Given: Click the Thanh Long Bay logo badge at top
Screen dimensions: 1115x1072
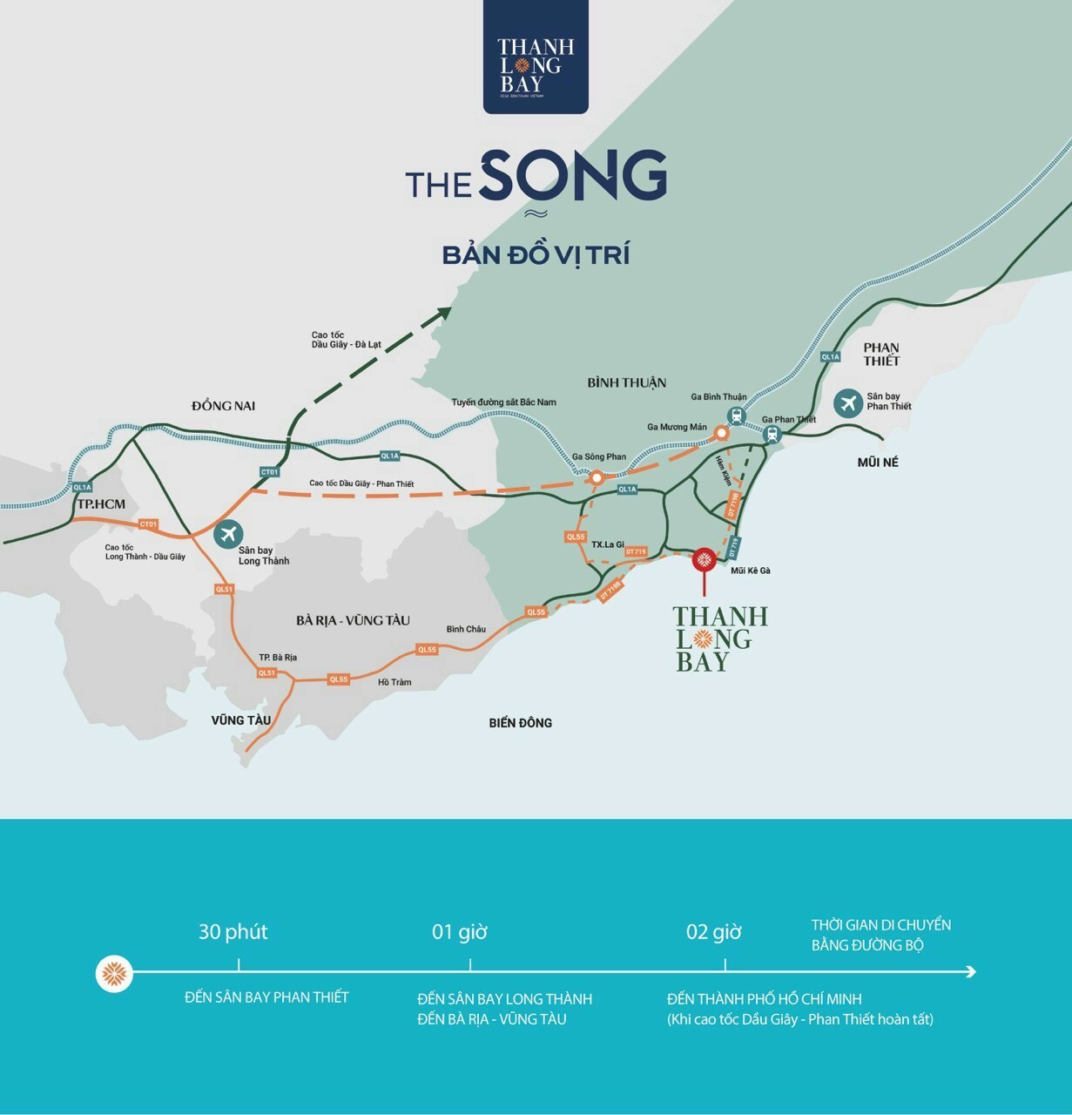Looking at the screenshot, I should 536,57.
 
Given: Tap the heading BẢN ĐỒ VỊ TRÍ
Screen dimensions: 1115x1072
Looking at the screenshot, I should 536,255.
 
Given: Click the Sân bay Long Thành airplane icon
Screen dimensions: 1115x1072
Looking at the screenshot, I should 229,533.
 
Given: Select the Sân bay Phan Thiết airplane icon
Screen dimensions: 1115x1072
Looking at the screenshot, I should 847,402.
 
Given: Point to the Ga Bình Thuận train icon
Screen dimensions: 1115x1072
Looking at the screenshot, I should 737,416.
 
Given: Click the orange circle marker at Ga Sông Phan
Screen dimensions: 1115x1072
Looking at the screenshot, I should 597,477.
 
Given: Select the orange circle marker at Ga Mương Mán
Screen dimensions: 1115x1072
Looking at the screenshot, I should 721,433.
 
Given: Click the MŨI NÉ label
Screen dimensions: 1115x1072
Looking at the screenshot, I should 877,463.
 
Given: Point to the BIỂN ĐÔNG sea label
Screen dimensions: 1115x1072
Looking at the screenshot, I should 520,722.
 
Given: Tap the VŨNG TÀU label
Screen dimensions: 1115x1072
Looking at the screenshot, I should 241,720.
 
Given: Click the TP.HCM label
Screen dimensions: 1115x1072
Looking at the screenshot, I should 101,504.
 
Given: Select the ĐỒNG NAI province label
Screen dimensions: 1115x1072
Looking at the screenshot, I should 224,405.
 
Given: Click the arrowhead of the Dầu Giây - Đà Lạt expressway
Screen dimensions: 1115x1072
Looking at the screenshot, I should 445,314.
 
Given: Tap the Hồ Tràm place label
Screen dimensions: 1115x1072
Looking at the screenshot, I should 394,682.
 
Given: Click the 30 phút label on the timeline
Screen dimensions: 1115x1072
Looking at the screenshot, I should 233,931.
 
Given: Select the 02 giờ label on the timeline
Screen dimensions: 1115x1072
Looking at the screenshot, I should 713,932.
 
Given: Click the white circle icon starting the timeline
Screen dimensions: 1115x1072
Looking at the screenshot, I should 114,972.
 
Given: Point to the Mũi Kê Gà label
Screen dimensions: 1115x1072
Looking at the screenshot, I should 751,571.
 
